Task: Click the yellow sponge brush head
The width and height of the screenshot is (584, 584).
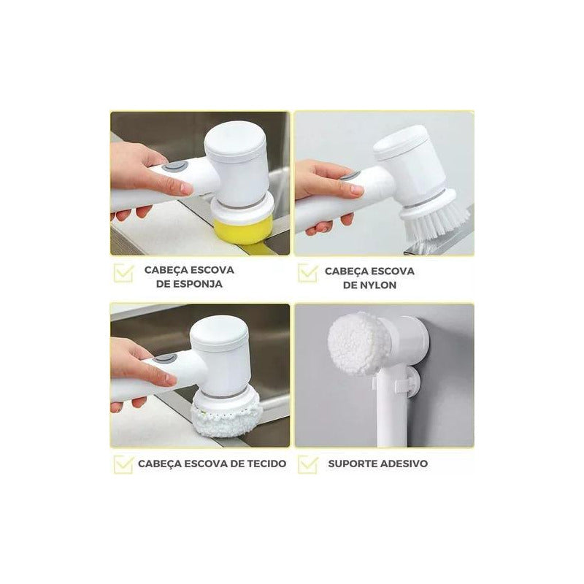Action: (x=244, y=231)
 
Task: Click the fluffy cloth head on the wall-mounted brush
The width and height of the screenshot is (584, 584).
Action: (x=358, y=343)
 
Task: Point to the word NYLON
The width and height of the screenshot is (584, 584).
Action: (x=377, y=285)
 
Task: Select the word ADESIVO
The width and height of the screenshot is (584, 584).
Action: (x=407, y=464)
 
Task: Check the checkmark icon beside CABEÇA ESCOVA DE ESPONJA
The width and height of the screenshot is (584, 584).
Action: (x=123, y=274)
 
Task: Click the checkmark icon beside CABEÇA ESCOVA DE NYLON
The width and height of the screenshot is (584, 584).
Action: (x=308, y=274)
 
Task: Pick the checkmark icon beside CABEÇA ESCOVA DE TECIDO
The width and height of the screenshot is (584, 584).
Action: (x=123, y=464)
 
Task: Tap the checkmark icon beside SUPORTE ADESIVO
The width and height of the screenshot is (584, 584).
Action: (x=308, y=464)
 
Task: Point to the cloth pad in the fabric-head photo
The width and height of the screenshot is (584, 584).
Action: (x=226, y=420)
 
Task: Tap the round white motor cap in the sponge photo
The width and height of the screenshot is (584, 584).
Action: (x=235, y=141)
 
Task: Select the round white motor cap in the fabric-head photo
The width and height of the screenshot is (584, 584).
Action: (x=218, y=337)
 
